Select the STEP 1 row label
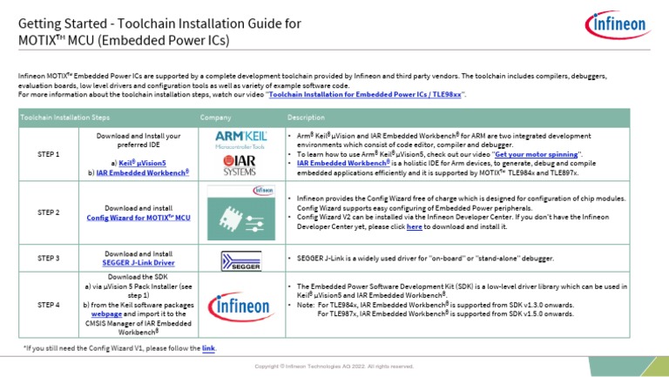[49, 154]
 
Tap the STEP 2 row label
[49, 212]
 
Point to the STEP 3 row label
[49, 259]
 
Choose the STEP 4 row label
[49, 305]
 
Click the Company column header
[215, 117]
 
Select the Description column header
[306, 117]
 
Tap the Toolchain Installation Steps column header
[65, 117]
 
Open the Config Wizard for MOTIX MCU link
[139, 218]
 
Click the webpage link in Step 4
[107, 314]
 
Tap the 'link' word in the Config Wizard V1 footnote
[208, 348]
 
